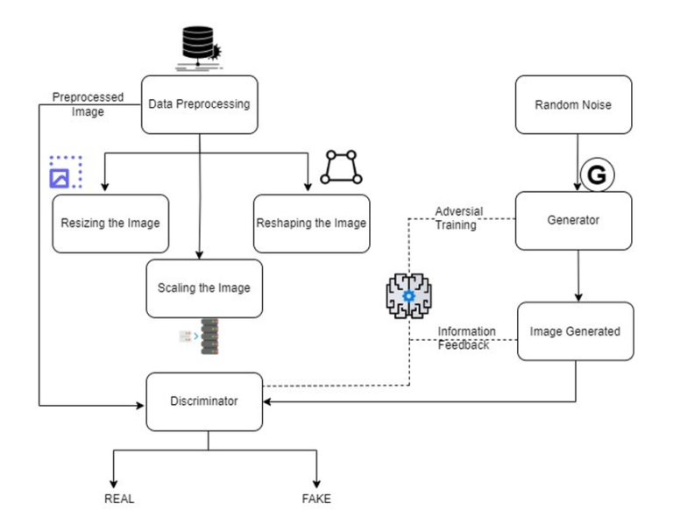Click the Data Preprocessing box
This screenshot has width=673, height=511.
199,104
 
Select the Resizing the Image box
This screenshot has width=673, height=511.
110,223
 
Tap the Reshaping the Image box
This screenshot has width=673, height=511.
311,223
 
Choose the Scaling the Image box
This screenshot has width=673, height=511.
203,287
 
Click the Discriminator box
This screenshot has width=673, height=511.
203,401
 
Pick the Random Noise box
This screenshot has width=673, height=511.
573,105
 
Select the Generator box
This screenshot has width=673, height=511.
573,220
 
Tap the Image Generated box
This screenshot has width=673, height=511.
575,331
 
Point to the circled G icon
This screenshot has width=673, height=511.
596,175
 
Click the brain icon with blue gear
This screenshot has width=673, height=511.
408,295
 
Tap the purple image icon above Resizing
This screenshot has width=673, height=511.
65,173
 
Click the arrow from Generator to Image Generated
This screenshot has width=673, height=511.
577,276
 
